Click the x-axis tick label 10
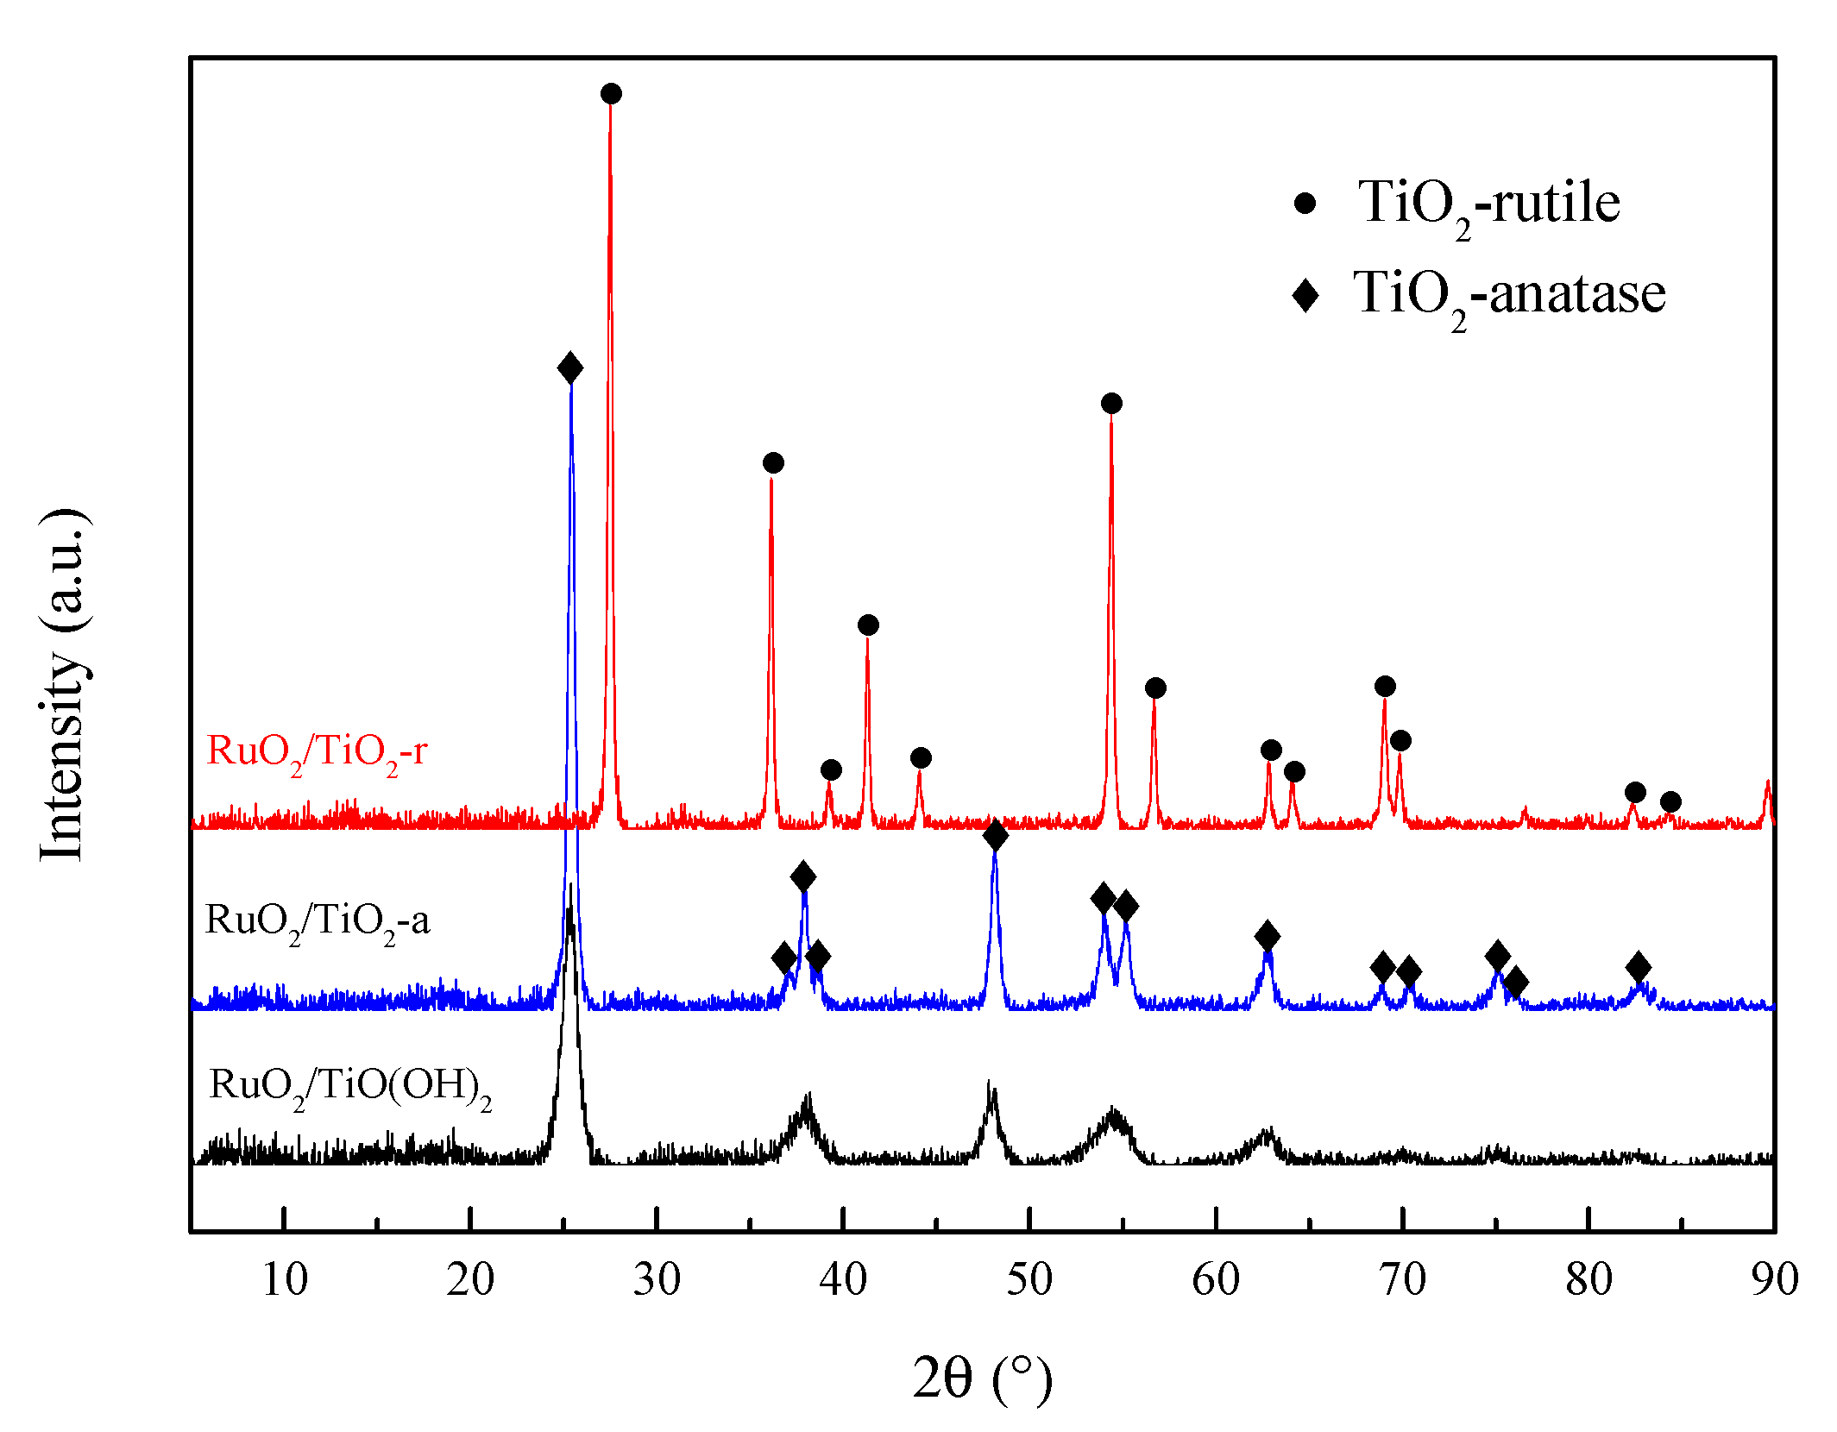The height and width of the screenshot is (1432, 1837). (x=284, y=1278)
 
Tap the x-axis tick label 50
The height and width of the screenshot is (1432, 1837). (x=1029, y=1278)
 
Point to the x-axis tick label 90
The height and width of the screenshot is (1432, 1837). (x=1774, y=1278)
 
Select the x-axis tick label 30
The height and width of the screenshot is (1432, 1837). (x=657, y=1278)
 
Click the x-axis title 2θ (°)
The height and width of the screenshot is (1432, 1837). (x=982, y=1378)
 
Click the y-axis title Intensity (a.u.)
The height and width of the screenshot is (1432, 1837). (x=62, y=686)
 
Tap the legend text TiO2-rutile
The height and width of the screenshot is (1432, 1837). (x=1488, y=204)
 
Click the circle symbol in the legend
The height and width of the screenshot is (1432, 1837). (x=1305, y=204)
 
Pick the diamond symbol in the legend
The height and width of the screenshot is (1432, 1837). (x=1305, y=294)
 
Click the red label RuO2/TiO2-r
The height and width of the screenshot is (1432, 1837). (x=317, y=752)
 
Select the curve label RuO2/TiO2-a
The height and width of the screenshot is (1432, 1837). (x=317, y=921)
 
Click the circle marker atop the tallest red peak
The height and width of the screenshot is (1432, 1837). (x=611, y=93)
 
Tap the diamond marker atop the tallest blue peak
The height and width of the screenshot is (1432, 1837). (x=569, y=368)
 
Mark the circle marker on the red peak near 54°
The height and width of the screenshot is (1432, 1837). (x=1111, y=403)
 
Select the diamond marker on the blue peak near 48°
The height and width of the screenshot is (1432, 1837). (x=995, y=835)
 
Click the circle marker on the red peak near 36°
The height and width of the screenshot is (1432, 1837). (x=773, y=463)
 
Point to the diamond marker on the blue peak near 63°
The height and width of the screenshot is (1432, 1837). (x=1267, y=936)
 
